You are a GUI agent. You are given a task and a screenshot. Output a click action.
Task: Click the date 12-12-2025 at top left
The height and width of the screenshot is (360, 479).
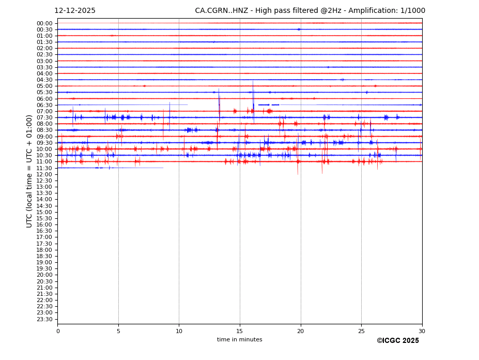75,11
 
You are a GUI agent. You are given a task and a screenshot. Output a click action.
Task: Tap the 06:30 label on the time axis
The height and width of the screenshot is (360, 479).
44,105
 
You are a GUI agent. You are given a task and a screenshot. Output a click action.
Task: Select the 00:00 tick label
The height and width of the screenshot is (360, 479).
44,23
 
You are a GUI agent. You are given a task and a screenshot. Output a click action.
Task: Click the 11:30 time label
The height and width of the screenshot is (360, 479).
44,168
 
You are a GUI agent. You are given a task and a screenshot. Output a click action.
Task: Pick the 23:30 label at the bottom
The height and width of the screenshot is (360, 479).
44,319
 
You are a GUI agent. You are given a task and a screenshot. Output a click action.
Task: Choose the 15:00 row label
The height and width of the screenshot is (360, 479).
44,212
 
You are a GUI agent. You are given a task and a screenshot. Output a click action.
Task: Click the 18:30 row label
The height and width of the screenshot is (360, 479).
44,256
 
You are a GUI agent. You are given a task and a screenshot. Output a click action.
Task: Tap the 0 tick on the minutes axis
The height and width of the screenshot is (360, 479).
58,331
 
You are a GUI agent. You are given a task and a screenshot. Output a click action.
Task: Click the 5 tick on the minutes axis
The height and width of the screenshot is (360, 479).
118,331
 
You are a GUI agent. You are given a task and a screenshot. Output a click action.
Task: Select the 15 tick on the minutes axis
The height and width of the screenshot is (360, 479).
240,331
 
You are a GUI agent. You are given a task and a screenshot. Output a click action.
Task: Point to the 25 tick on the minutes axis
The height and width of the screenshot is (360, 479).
361,331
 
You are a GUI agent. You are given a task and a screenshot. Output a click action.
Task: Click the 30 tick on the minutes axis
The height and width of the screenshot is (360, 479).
422,331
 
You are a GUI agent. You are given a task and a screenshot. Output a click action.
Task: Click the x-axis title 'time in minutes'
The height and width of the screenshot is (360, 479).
240,340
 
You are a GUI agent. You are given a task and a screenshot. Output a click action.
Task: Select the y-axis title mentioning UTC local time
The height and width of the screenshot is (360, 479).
29,171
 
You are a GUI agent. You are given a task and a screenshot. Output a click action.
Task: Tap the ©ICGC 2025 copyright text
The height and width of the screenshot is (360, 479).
397,341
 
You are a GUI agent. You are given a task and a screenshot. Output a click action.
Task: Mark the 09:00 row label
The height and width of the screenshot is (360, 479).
44,137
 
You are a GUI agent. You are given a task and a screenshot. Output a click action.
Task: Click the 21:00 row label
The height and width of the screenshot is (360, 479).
44,288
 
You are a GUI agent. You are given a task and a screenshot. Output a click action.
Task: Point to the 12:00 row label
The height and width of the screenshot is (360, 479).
44,174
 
